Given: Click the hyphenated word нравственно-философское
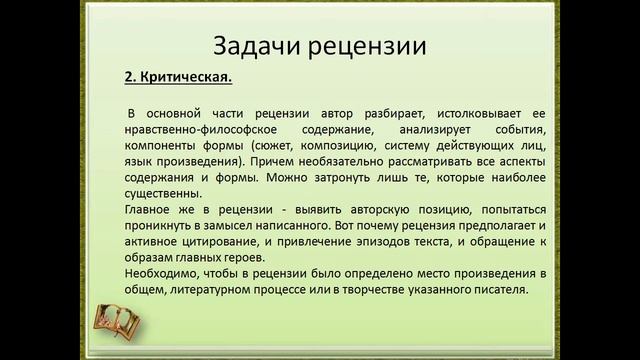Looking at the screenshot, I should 192,129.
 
